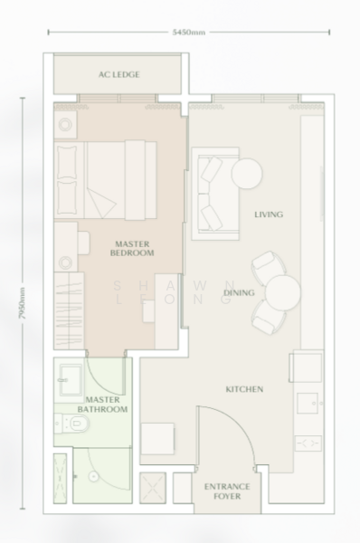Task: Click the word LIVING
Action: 269,214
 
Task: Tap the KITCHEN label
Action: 244,389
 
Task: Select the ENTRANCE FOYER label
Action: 226,491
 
